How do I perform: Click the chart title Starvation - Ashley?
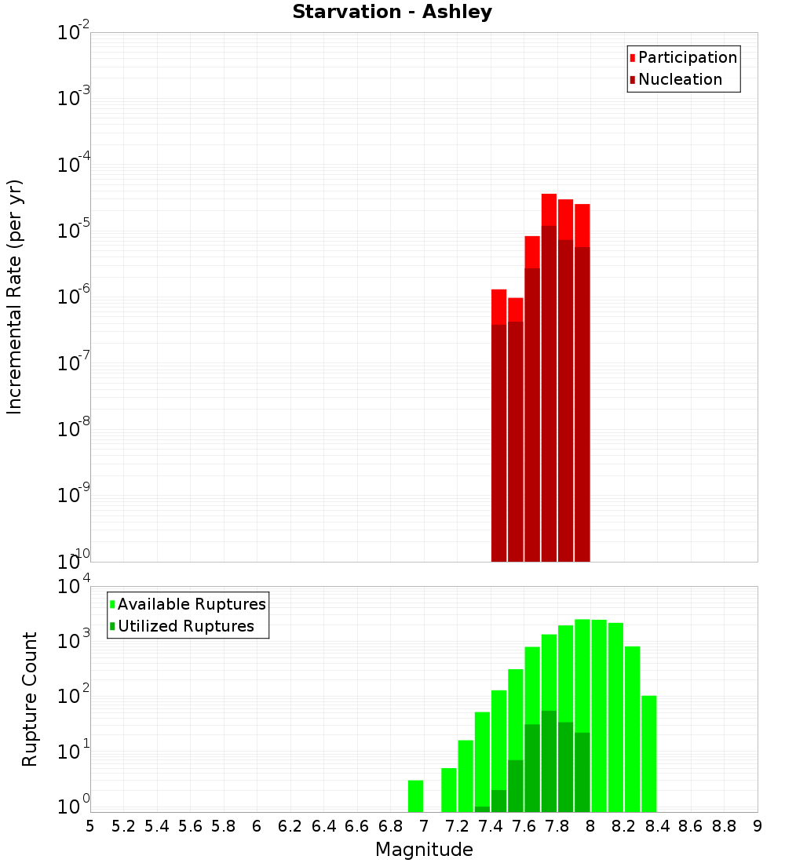(392, 13)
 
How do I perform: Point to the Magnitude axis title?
(424, 850)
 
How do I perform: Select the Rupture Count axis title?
(30, 699)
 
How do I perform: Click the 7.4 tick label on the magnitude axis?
(491, 826)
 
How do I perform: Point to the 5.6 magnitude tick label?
(190, 826)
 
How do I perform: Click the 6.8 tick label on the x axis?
(390, 826)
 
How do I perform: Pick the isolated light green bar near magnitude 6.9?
(415, 796)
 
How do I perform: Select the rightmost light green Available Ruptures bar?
(648, 753)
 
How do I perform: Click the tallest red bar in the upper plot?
(549, 377)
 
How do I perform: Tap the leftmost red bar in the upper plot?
(498, 424)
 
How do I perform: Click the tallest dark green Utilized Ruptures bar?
(549, 761)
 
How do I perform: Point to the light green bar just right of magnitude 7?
(449, 789)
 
